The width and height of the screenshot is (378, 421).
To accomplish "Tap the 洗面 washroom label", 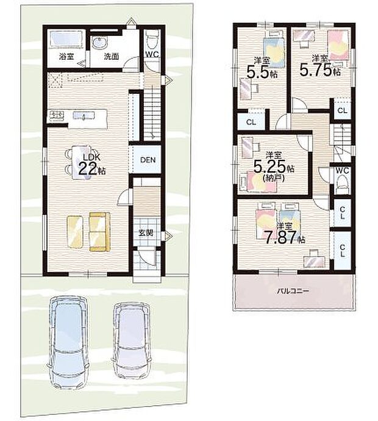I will [x=111, y=56].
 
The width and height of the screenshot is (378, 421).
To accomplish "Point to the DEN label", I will [x=147, y=160].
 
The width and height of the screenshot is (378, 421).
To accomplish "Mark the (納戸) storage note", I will [x=273, y=179].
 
